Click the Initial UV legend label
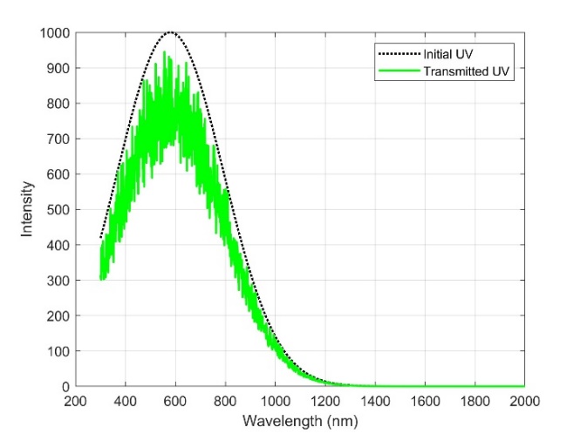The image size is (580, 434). pos(450,55)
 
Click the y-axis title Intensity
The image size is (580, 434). pos(29,209)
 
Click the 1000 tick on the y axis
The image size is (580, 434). pos(54,33)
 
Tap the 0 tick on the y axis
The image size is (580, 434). pos(65,386)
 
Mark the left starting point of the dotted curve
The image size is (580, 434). pos(100,238)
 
